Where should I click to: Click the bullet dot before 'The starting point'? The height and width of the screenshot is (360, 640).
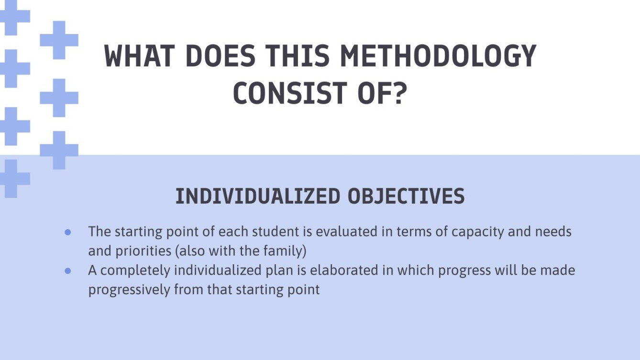tap(68, 232)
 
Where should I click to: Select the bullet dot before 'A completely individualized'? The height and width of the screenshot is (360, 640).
tap(68, 271)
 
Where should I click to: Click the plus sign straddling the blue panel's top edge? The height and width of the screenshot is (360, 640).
tap(59, 150)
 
